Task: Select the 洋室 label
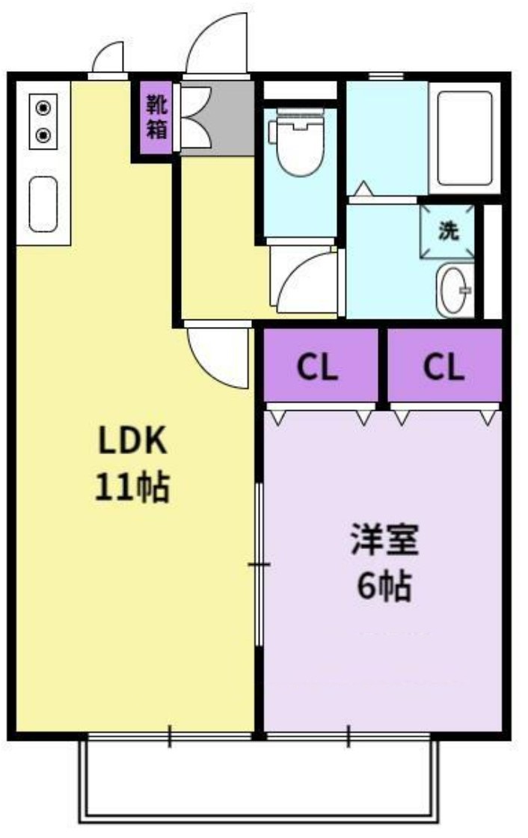[x=384, y=541]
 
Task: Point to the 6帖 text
[x=384, y=587]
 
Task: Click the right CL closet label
[x=443, y=367]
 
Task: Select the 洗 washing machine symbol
[x=447, y=231]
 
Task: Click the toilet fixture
[x=297, y=146]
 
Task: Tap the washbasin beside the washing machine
[x=455, y=289]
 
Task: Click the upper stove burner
[x=44, y=108]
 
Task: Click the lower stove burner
[x=44, y=136]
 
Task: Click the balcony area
[x=258, y=778]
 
